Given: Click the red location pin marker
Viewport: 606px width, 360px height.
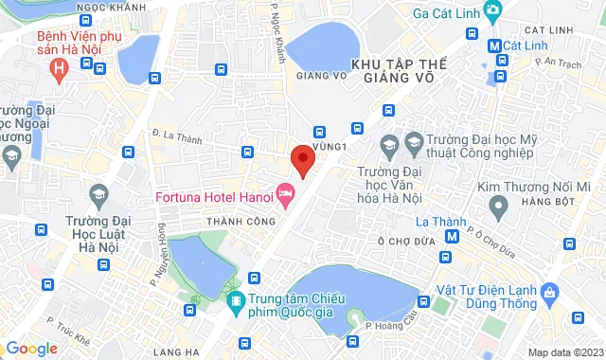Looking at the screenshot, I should coord(301,159).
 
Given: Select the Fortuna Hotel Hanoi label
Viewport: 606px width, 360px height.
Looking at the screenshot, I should coord(213,197).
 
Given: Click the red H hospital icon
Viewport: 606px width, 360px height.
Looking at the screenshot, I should coord(61,69).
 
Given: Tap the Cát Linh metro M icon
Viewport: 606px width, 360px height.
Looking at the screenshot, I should coord(494,45).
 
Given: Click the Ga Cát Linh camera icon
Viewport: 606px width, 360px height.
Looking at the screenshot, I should coord(492,11).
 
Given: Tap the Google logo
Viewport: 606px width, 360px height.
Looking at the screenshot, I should coord(31,349).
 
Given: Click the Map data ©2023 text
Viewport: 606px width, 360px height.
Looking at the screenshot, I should coord(564,352).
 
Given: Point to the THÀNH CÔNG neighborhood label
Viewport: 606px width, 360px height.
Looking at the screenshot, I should coord(240,221).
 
